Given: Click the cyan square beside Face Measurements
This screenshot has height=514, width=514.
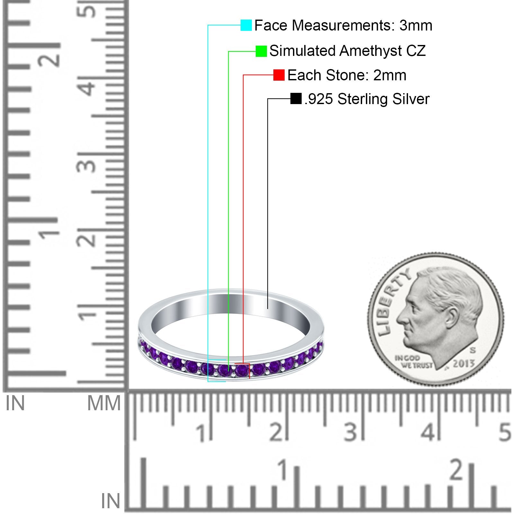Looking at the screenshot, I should tap(246, 25).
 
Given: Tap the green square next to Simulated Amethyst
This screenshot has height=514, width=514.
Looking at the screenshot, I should tap(261, 51).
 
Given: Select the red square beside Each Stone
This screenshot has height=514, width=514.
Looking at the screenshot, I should tap(279, 75).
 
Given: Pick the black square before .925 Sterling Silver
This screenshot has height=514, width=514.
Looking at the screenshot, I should tap(296, 99).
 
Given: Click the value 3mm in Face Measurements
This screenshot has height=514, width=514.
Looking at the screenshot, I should tap(416, 25).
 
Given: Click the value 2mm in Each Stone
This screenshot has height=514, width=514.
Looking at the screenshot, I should tap(390, 75).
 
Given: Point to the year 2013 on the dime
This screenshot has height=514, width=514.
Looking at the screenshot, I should tap(464, 364).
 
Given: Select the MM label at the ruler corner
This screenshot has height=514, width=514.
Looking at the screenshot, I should tap(104, 403).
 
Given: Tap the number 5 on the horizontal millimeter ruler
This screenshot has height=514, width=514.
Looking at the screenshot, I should tap(505, 432).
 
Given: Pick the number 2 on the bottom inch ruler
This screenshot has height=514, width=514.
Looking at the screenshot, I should tap(456, 470).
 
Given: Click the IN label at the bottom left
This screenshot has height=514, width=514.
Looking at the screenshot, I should tap(111, 501).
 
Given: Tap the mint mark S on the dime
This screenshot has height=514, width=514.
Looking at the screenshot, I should tap(473, 350).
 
